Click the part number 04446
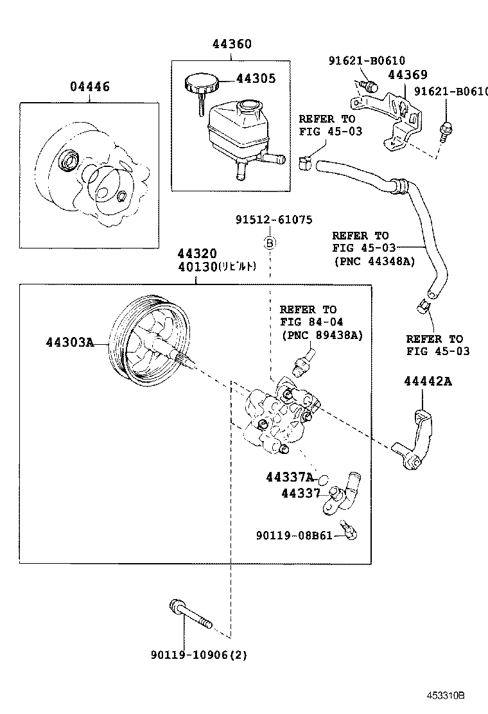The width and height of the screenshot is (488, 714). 89,87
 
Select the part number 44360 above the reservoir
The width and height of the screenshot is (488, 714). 232,44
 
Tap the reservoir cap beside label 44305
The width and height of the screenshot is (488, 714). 201,83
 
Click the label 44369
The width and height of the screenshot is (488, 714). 407,75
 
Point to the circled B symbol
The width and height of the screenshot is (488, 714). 271,243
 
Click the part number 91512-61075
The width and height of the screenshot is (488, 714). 273,220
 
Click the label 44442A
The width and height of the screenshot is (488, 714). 428,381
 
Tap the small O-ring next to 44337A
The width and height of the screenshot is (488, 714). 324,479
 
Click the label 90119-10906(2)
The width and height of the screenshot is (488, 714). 199,655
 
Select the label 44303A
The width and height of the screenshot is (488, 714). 69,342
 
